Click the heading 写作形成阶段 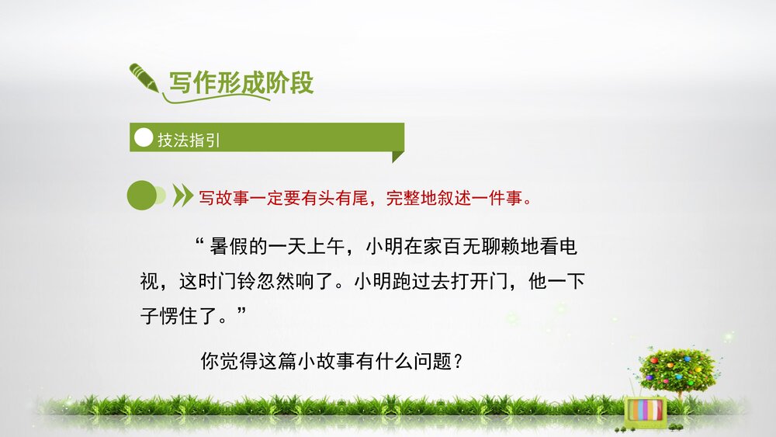coord(241,83)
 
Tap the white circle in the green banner coord(144,138)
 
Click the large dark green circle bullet coord(141,196)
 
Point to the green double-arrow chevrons coord(182,196)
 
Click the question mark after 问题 coord(458,361)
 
